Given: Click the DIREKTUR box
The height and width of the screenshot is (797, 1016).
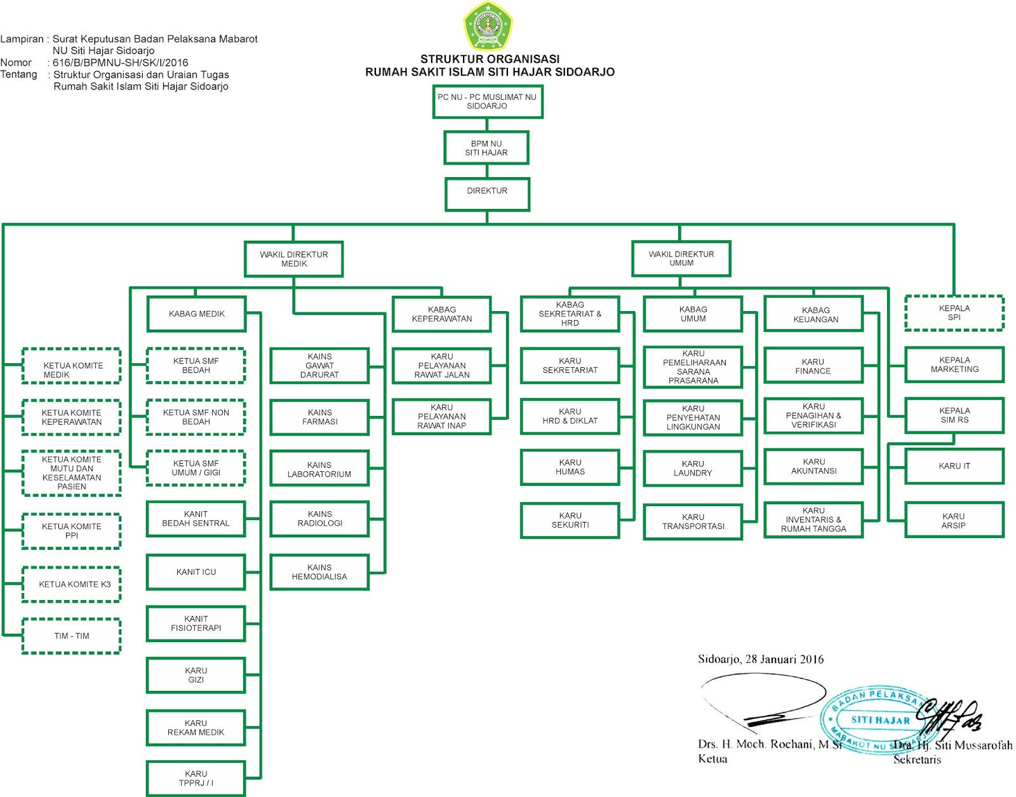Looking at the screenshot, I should [487, 194].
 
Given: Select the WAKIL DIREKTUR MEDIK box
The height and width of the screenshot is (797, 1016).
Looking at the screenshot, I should [293, 259].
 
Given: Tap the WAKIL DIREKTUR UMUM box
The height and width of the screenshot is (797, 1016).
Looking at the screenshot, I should [681, 258].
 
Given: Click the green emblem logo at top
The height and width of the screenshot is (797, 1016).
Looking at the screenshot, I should [487, 26].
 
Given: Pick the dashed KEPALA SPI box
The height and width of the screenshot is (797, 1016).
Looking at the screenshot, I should [954, 313].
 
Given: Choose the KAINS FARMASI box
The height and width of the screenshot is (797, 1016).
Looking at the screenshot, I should [319, 417].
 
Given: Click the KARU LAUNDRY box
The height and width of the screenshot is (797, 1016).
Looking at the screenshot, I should [693, 469].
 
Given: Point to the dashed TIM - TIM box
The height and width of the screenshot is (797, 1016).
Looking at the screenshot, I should [71, 636].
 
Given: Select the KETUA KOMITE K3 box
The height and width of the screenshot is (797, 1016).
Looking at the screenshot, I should [71, 584].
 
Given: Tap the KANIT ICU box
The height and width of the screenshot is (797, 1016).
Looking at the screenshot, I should [196, 572].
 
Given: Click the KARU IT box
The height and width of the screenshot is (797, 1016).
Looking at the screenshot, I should [954, 466].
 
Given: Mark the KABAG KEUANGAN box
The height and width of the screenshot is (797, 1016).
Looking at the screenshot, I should [813, 314].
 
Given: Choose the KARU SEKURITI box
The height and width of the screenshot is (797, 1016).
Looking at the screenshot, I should [570, 521].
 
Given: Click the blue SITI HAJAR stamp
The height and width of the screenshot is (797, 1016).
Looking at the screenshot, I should [879, 720].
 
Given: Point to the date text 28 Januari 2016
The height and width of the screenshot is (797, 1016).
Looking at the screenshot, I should [784, 659].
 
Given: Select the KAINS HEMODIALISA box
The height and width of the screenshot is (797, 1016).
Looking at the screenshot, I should [319, 572].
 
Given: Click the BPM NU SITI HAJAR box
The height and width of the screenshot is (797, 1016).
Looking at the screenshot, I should [486, 148].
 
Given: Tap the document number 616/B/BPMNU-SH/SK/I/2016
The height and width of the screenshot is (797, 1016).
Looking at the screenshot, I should [121, 63].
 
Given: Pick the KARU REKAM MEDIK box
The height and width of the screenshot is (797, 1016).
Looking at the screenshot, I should [196, 728].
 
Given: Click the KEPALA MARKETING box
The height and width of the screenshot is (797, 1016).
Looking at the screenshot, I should [954, 365].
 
